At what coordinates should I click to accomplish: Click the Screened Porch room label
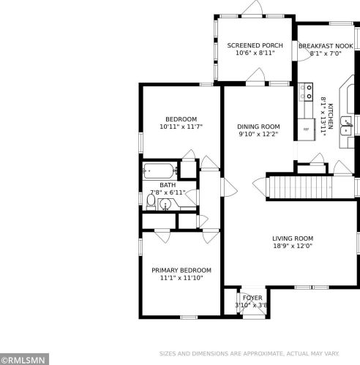pyautogui.click(x=255, y=45)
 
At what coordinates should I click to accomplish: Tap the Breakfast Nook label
pyautogui.click(x=326, y=46)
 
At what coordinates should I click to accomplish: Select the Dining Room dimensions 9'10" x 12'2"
pyautogui.click(x=258, y=134)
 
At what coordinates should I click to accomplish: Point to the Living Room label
pyautogui.click(x=293, y=238)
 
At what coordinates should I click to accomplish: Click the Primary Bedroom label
pyautogui.click(x=181, y=271)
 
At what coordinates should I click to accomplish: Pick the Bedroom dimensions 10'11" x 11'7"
pyautogui.click(x=181, y=127)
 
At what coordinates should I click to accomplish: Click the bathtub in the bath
pyautogui.click(x=158, y=171)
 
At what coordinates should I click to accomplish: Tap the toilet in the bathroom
pyautogui.click(x=151, y=202)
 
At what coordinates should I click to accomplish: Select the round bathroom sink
pyautogui.click(x=166, y=204)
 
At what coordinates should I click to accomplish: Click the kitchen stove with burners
pyautogui.click(x=306, y=91)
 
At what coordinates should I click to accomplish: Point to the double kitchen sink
pyautogui.click(x=346, y=125)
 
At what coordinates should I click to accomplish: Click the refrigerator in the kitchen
pyautogui.click(x=306, y=129)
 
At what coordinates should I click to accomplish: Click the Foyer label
pyautogui.click(x=252, y=298)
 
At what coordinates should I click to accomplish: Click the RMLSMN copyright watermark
pyautogui.click(x=24, y=360)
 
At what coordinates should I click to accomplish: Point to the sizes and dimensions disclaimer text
pyautogui.click(x=249, y=353)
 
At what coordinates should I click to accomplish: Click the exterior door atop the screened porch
pyautogui.click(x=252, y=8)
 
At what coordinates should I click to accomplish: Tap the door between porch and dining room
pyautogui.click(x=255, y=76)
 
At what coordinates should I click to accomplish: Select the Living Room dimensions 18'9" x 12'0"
pyautogui.click(x=293, y=246)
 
